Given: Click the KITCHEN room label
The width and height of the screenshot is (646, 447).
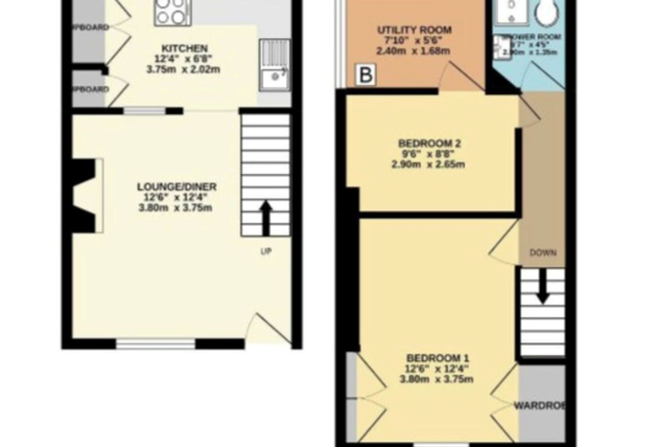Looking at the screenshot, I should point(184,49).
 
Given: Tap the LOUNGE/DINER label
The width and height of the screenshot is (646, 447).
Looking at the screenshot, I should point(176,187).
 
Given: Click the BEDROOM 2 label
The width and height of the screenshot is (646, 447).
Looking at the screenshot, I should point(430,144).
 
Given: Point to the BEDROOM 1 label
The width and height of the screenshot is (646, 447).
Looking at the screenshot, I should point(437,358).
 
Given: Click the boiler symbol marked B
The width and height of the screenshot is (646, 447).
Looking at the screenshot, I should point(365,76).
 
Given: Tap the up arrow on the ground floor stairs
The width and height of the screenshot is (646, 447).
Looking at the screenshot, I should point(266,217).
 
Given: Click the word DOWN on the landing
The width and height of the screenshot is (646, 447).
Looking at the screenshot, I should point(543,253).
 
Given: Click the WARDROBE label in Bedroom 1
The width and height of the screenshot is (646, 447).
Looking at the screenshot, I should point(539,405).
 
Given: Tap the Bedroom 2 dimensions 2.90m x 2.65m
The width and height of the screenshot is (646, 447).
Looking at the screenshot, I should point(428,164).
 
